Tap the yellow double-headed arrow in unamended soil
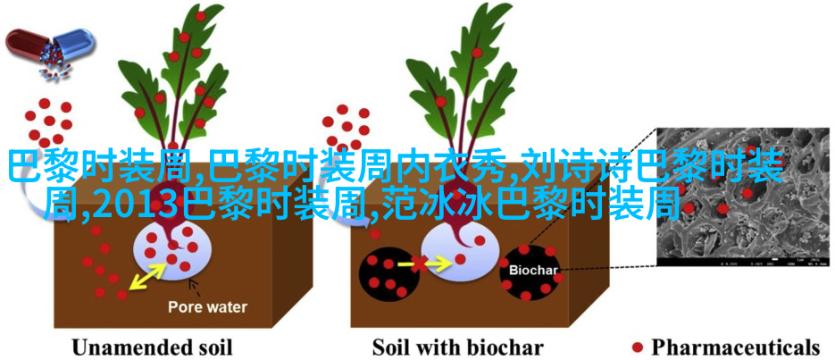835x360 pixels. coord(148,276)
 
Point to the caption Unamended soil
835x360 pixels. coord(153,347)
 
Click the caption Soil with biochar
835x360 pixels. coord(457,347)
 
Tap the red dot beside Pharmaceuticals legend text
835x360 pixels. coord(637,347)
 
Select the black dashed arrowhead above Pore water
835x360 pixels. coord(192,283)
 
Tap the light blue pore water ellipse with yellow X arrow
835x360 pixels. coord(460,250)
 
